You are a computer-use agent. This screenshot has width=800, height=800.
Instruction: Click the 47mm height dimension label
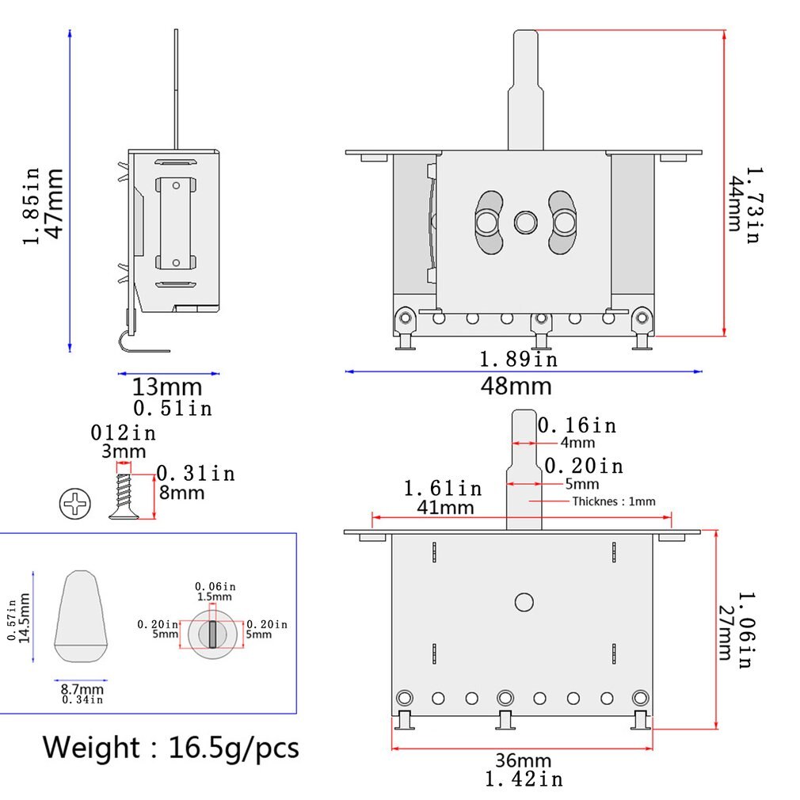click(53, 203)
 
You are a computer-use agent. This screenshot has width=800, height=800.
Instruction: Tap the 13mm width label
click(167, 387)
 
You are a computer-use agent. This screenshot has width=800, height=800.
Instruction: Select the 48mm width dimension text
click(516, 387)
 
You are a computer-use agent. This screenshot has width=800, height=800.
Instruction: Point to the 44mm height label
click(733, 204)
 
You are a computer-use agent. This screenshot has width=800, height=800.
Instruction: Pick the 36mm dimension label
click(524, 760)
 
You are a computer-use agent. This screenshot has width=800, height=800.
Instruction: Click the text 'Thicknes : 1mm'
click(614, 501)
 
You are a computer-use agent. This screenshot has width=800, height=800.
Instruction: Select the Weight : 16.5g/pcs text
click(171, 747)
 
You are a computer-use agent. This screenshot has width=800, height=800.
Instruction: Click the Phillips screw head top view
click(75, 505)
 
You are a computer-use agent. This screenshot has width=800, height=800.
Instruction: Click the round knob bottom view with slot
click(212, 634)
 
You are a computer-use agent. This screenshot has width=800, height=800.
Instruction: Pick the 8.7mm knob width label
click(82, 689)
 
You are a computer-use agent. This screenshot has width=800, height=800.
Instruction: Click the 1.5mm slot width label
click(215, 596)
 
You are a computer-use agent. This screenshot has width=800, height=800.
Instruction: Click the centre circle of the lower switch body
click(524, 602)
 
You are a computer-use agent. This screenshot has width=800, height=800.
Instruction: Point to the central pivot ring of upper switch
click(525, 223)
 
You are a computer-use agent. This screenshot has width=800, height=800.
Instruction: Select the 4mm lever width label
click(577, 443)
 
